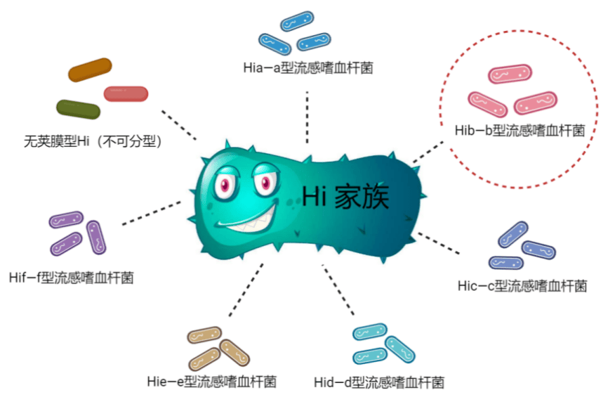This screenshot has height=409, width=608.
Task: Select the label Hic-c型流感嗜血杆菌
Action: pyautogui.click(x=522, y=286)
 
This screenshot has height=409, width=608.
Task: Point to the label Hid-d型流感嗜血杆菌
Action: pyautogui.click(x=379, y=382)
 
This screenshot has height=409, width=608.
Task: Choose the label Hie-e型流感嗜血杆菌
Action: pyautogui.click(x=211, y=382)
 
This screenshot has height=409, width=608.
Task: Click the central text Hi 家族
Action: pyautogui.click(x=345, y=197)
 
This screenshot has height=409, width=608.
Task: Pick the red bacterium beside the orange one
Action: pyautogui.click(x=126, y=93)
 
